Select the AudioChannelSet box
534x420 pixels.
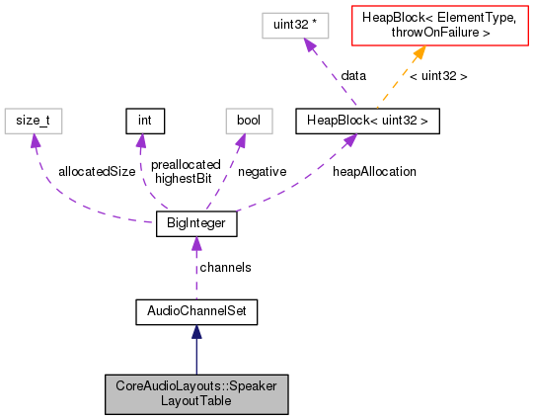tap(195, 312)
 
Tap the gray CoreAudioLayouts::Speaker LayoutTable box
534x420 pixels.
tap(195, 393)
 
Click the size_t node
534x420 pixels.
tap(34, 121)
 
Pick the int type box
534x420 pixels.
tap(143, 121)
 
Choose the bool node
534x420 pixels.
tap(241, 121)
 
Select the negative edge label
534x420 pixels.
tap(262, 171)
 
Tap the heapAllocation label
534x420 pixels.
tap(374, 171)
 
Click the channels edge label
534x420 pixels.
tap(225, 267)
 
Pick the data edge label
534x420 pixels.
tap(354, 75)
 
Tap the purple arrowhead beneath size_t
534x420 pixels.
tap(37, 141)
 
